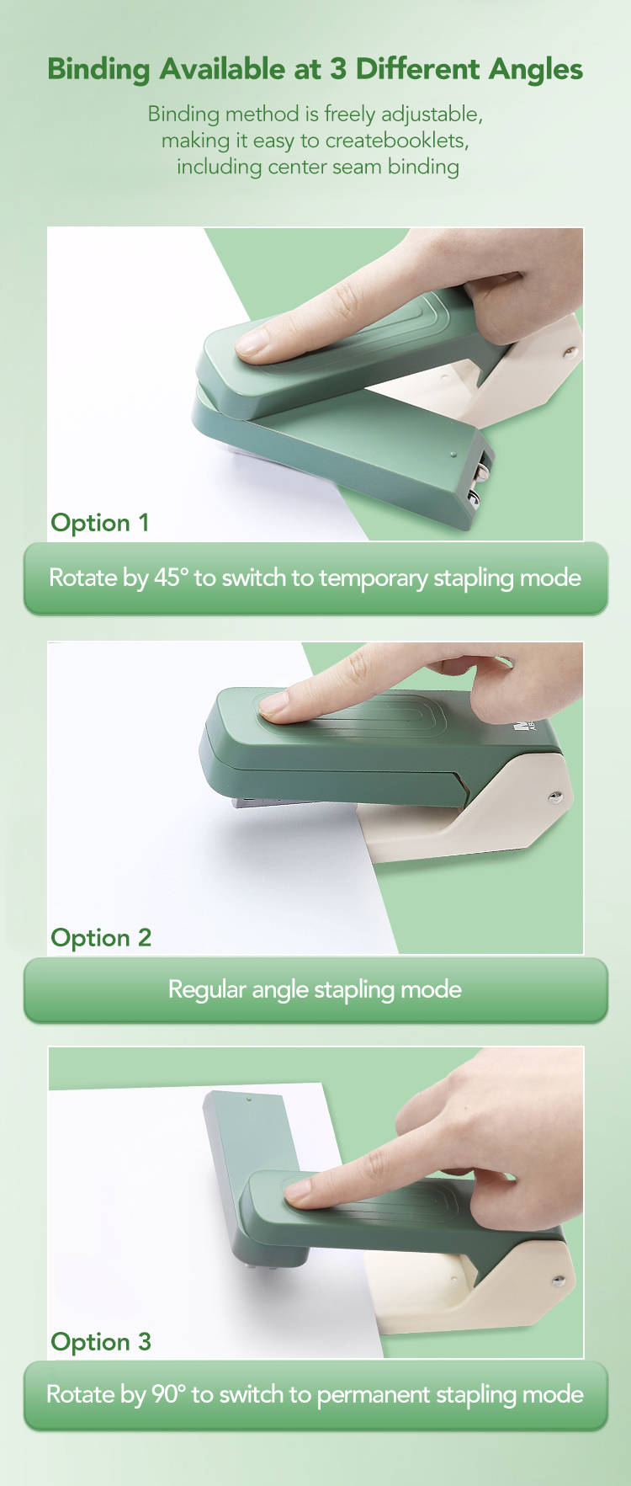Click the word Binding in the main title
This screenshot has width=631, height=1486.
point(98,70)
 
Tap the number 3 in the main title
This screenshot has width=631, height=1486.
point(337,69)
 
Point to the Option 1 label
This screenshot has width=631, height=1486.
point(100,523)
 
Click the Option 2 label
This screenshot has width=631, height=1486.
point(101,938)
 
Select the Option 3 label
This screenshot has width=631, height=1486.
point(101,1342)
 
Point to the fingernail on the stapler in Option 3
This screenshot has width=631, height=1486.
point(300,1190)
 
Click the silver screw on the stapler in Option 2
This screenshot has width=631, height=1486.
point(555,796)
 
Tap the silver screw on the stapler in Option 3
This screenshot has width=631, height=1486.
point(557,1282)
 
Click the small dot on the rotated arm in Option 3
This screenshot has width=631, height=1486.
point(248,1100)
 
